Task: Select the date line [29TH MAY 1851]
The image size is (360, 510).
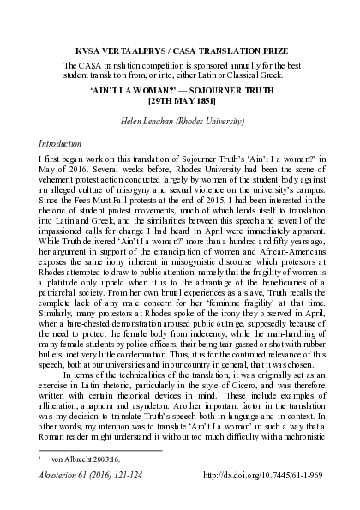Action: pos(180,100)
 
